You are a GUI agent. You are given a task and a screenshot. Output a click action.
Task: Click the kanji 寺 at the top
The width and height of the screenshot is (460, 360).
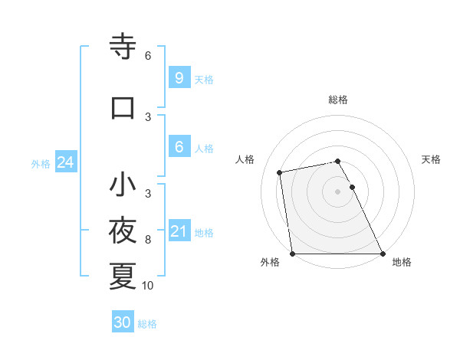[x=123, y=47]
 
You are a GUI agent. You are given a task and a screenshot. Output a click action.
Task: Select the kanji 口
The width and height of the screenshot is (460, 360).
[x=123, y=107]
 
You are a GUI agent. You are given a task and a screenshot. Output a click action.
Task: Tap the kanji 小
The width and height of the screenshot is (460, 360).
[x=123, y=185]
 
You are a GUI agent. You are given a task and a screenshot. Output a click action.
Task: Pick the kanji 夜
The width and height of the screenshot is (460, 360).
[x=123, y=230]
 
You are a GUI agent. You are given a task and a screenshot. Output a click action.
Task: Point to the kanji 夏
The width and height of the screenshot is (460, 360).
[x=123, y=276]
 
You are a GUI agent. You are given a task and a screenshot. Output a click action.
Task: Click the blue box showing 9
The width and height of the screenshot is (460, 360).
[x=179, y=78]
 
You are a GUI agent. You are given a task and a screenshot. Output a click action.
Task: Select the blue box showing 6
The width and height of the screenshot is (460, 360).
[x=179, y=147]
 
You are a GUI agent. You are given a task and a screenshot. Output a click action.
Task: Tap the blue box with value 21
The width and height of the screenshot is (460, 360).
[x=179, y=231]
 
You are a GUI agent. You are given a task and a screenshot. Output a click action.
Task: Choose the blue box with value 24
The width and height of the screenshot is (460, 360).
[x=65, y=162]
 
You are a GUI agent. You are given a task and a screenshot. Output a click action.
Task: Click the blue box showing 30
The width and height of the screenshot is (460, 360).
[x=123, y=322]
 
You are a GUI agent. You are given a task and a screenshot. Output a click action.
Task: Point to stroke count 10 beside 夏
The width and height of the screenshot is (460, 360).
[x=148, y=286]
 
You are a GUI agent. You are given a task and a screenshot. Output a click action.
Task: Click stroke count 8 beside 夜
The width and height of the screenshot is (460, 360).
[x=148, y=240]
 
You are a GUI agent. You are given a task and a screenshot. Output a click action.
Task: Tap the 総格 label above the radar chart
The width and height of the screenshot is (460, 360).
[x=338, y=100]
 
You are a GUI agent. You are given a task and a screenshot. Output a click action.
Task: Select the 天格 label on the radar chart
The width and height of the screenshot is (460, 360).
[x=432, y=159]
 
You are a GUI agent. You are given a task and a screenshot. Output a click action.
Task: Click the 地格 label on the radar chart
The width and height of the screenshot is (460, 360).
[x=402, y=262]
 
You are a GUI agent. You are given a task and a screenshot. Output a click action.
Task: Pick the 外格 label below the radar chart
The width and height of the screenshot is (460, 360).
[x=270, y=262]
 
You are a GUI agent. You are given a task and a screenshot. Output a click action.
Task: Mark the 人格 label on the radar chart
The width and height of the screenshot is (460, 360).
[x=245, y=159]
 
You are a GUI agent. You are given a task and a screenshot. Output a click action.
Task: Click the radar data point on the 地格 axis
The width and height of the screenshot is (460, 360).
[x=382, y=253]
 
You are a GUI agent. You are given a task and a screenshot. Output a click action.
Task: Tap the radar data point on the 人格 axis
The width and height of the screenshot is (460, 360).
[x=281, y=172]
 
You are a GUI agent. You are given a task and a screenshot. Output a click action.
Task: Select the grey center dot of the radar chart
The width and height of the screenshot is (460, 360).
[x=338, y=191]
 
